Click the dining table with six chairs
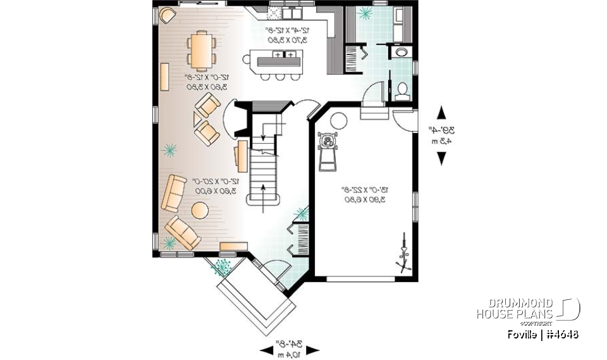201,51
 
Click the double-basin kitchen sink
293,12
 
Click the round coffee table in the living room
200,209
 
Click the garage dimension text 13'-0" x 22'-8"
364,194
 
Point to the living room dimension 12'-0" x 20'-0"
208,185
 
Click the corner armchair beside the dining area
168,15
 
